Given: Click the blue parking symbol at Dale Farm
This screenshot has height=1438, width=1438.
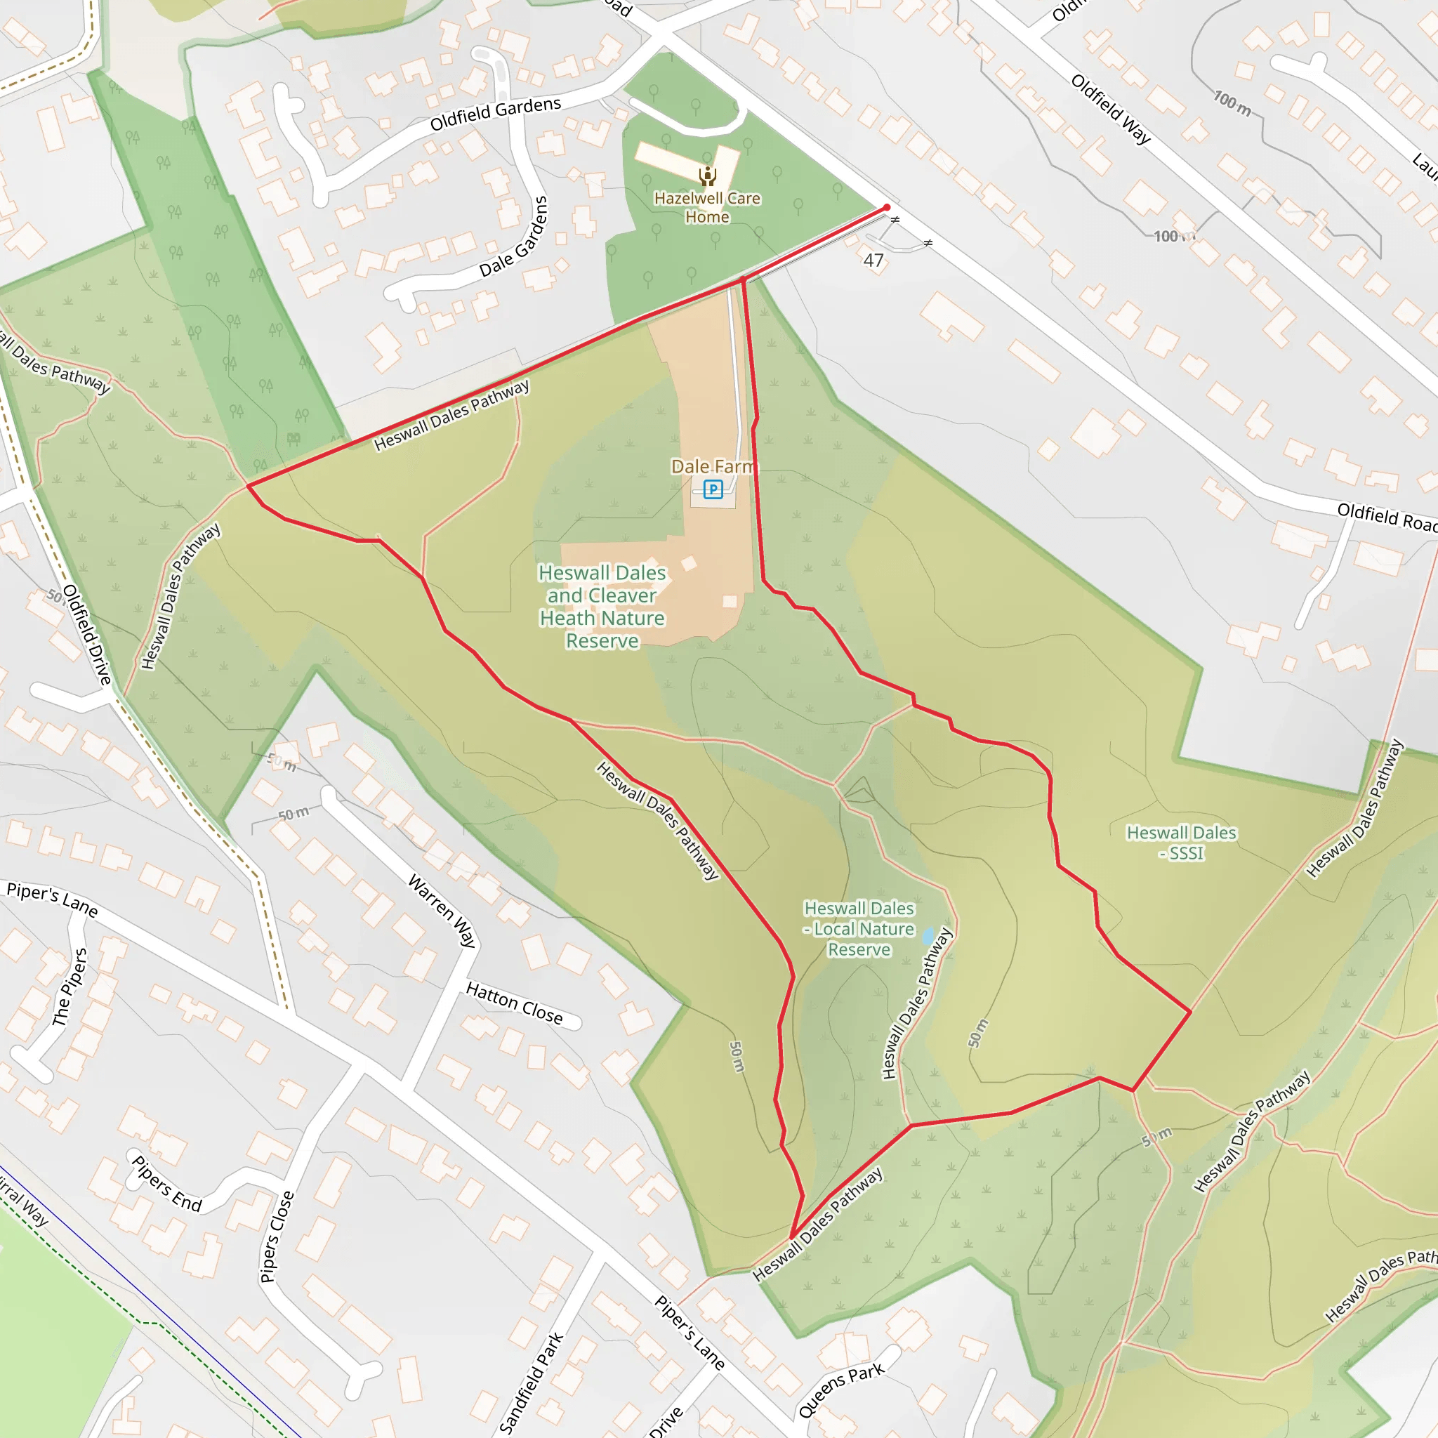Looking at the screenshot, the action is coord(713,489).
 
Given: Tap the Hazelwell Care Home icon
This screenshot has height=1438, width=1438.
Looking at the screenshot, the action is coord(707,176).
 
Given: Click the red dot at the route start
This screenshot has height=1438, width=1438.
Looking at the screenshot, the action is coord(887,208).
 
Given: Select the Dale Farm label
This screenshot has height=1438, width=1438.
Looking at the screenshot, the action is coord(712,466).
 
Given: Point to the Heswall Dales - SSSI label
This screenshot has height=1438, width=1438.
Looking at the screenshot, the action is coord(1181,843).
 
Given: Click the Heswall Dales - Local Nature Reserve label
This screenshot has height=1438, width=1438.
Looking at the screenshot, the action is coord(859,929).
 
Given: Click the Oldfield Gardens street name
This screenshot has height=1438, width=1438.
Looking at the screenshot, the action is coord(496,113).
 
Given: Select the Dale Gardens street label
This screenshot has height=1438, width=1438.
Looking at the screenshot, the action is coord(513,237).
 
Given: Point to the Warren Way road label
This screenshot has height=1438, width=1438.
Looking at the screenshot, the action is coord(442,911).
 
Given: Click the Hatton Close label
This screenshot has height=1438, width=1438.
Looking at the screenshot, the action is coord(514,1003).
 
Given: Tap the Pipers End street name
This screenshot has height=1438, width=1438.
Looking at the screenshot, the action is coord(166,1183).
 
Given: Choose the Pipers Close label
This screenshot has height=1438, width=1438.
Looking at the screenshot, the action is coord(277,1237).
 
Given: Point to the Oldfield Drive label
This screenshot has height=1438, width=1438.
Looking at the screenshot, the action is coord(87,635).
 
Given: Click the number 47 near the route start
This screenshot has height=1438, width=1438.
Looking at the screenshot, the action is coord(873,260).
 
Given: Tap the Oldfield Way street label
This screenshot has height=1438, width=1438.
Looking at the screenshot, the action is coord(1111,109).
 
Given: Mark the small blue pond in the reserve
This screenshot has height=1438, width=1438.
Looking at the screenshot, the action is coord(928,935).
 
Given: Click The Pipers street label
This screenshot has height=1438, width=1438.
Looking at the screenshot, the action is coord(70,987).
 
